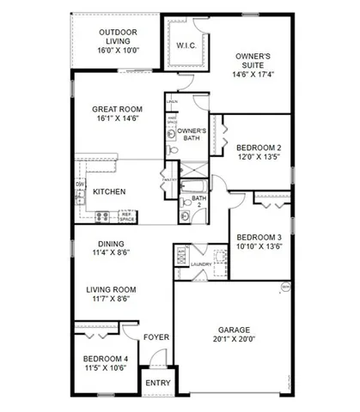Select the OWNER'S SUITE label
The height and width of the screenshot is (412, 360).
click(253, 63)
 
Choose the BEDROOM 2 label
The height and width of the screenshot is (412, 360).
click(257, 147)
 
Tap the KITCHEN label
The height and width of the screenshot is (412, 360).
click(110, 191)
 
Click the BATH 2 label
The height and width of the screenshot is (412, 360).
click(199, 201)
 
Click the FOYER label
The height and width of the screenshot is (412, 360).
click(155, 336)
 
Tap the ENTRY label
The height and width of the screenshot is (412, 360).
click(156, 383)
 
